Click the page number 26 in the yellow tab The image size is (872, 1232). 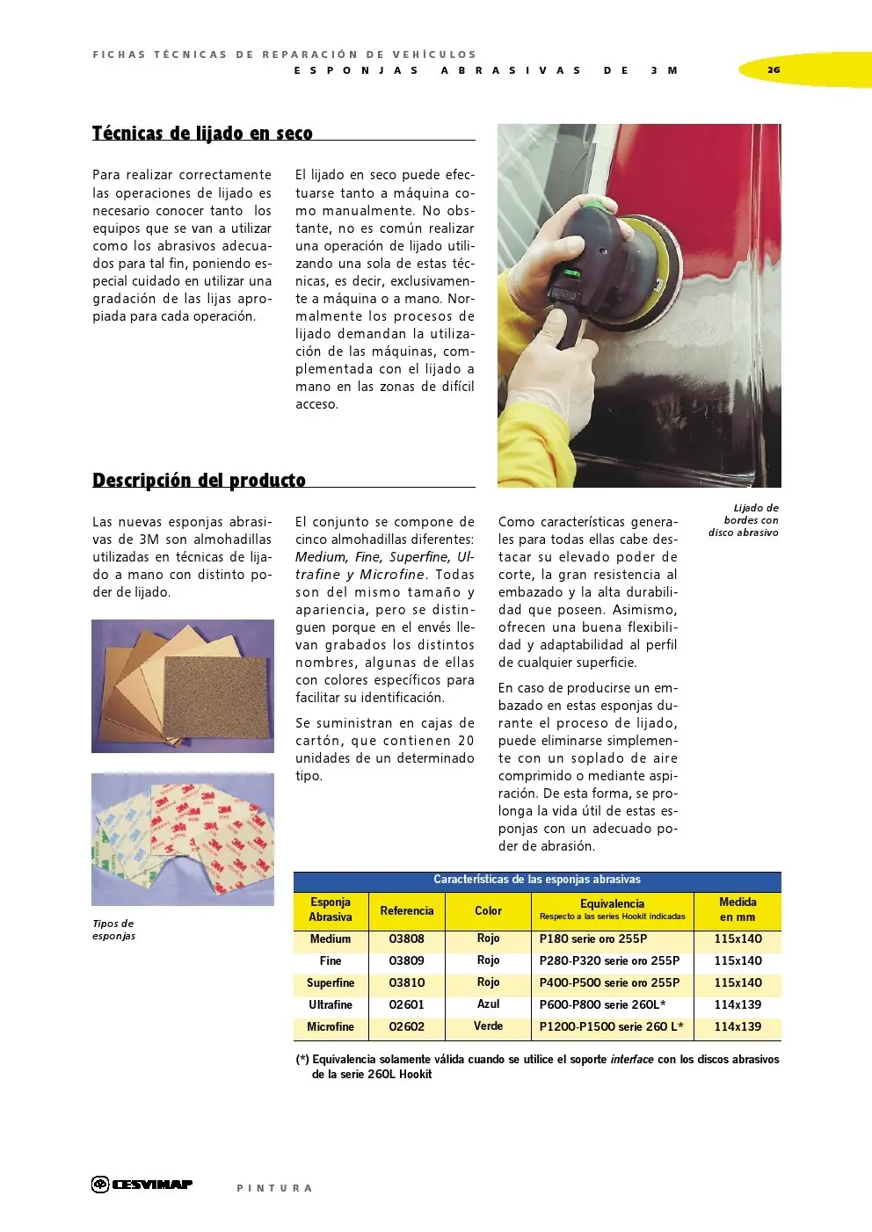pyautogui.click(x=774, y=69)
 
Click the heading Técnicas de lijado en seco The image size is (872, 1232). pyautogui.click(x=202, y=134)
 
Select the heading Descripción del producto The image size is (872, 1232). pyautogui.click(x=199, y=481)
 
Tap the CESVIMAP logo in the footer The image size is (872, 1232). pyautogui.click(x=142, y=1185)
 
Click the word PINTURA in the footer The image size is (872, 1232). pyautogui.click(x=274, y=1188)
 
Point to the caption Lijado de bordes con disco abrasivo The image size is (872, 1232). pyautogui.click(x=744, y=520)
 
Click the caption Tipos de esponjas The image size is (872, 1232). pyautogui.click(x=113, y=930)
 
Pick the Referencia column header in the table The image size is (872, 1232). pyautogui.click(x=406, y=911)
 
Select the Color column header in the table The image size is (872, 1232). pyautogui.click(x=488, y=911)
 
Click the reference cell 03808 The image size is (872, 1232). pyautogui.click(x=406, y=939)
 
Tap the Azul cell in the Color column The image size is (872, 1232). pyautogui.click(x=488, y=1004)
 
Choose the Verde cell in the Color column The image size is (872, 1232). pyautogui.click(x=488, y=1026)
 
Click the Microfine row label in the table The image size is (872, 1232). pyautogui.click(x=331, y=1027)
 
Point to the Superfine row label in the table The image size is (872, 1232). pyautogui.click(x=331, y=983)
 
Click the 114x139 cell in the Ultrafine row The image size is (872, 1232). pyautogui.click(x=738, y=1004)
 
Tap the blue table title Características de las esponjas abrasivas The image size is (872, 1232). pyautogui.click(x=536, y=880)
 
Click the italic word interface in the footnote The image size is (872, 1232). pyautogui.click(x=631, y=1060)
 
